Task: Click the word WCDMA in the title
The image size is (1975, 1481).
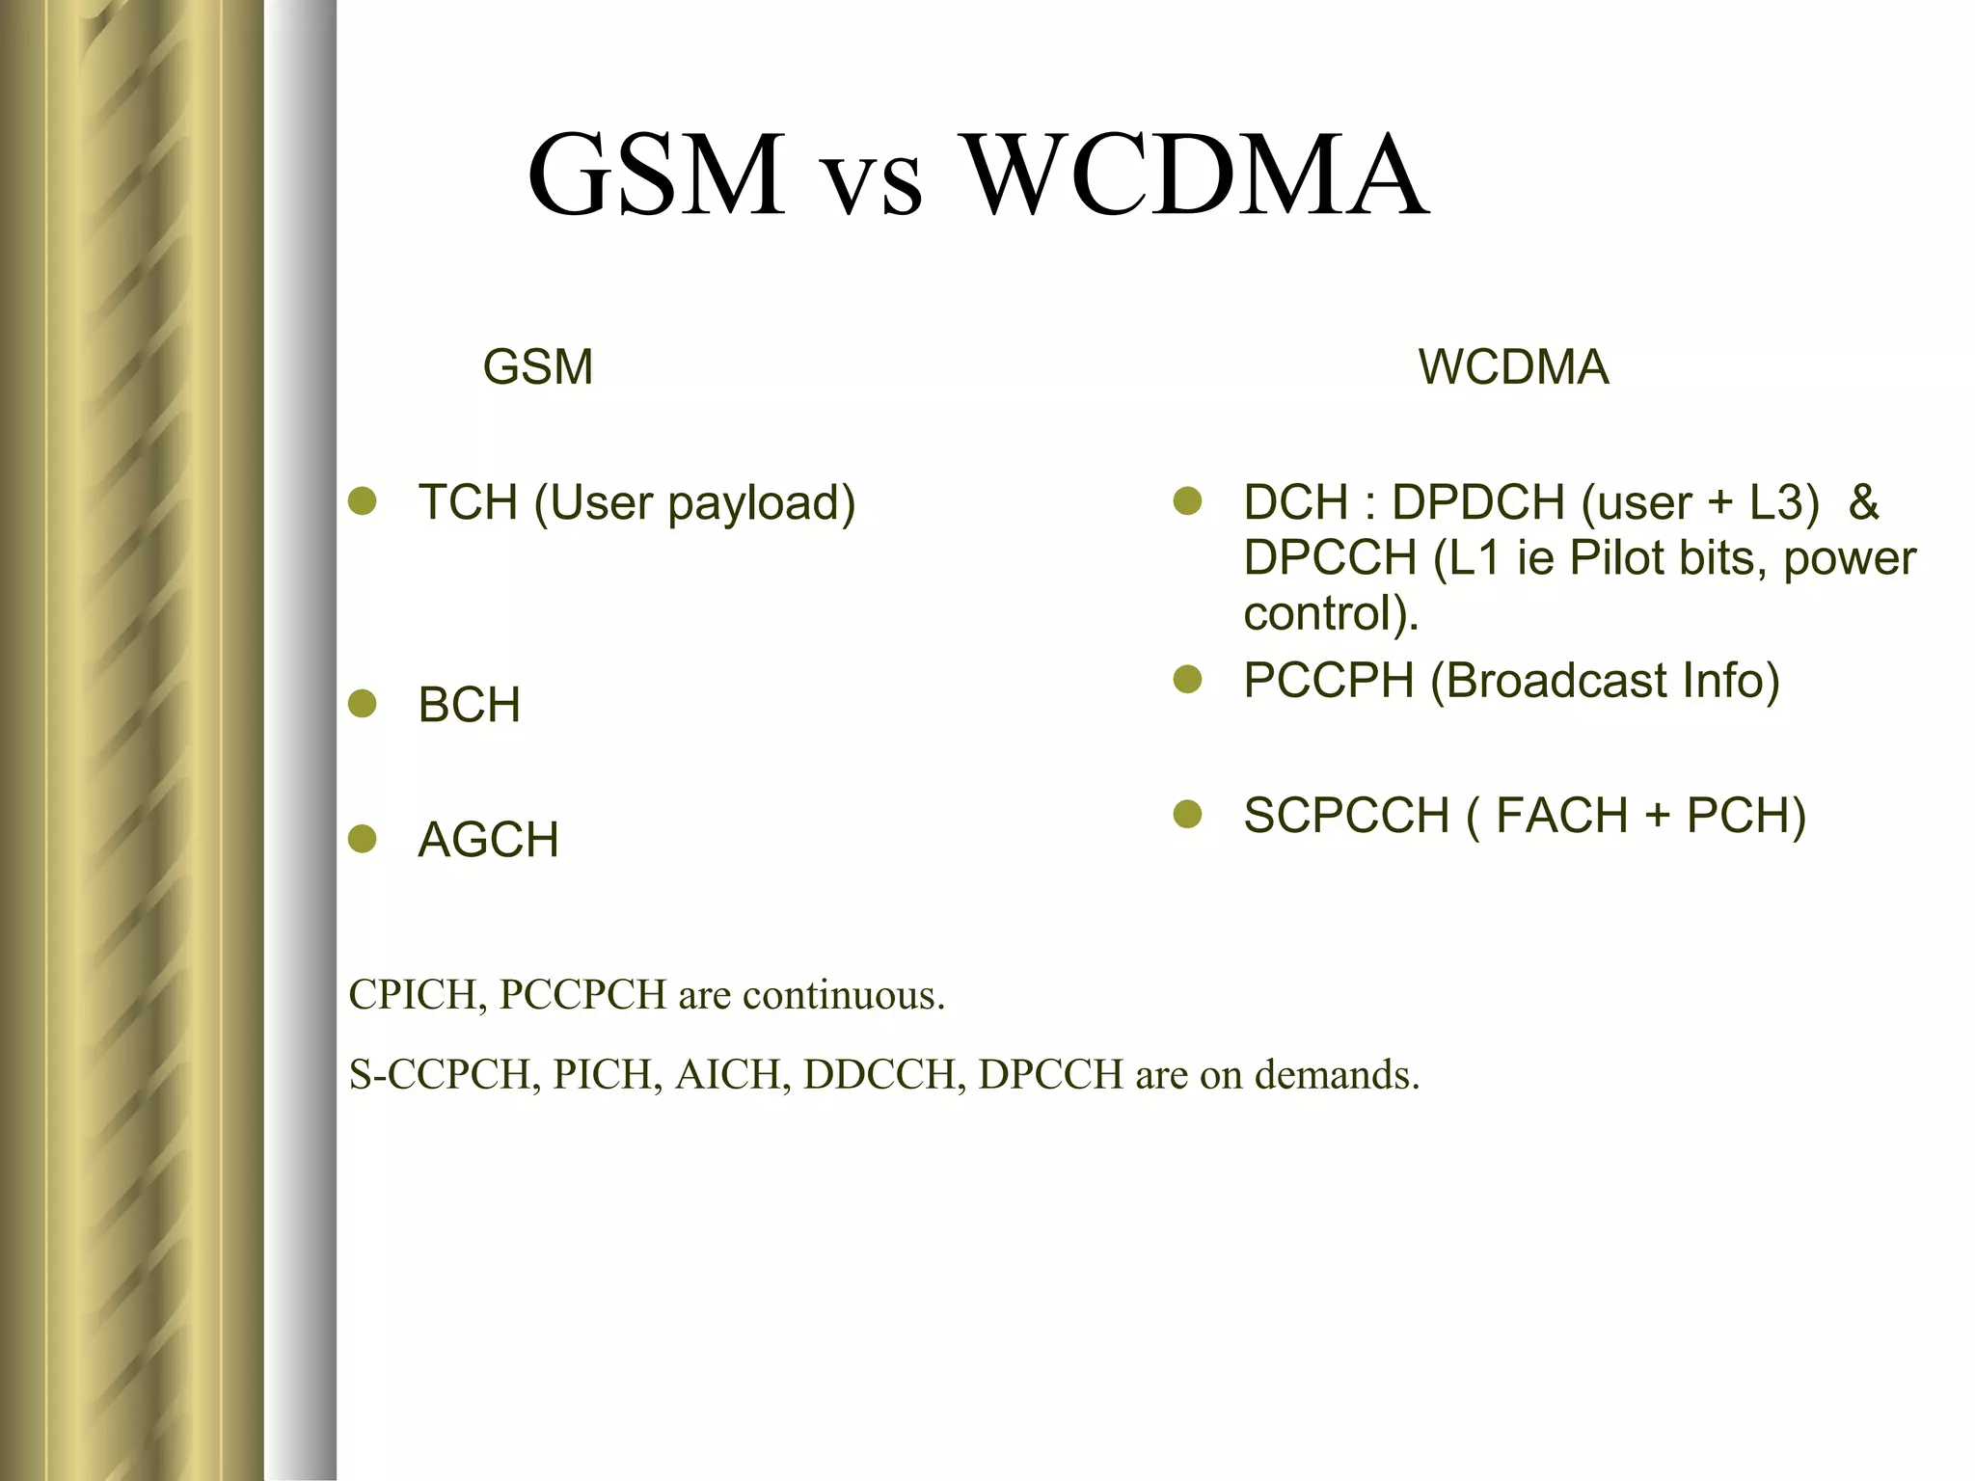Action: point(1197,175)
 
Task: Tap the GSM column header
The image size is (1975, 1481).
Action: point(537,367)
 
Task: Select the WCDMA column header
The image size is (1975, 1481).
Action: point(1513,367)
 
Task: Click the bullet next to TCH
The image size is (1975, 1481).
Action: point(362,501)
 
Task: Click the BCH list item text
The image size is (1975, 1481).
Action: point(469,705)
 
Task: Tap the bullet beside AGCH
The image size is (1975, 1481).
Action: point(362,839)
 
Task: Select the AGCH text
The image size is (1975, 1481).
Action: point(488,840)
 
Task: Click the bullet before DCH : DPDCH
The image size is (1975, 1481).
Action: point(1187,501)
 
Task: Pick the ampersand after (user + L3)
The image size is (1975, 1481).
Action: point(1863,502)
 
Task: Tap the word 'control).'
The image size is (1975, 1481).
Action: point(1331,614)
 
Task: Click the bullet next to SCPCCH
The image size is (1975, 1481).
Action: point(1187,815)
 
